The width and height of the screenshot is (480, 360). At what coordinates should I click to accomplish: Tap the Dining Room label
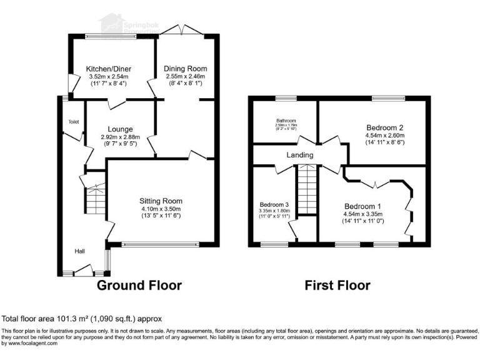tap(185, 68)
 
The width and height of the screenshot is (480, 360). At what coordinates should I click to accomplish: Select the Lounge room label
tap(120, 129)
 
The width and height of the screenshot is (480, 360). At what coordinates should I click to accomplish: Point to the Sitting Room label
tap(161, 201)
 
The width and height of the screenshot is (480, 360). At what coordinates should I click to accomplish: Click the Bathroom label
tap(286, 121)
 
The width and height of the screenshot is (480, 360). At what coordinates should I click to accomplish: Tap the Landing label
tap(300, 155)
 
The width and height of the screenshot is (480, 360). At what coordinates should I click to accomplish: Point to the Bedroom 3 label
tap(274, 204)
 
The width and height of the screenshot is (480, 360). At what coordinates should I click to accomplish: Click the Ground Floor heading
tap(139, 286)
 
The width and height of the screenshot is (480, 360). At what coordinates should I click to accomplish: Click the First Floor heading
tap(337, 286)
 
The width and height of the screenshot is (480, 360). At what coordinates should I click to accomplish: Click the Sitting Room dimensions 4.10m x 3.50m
tap(161, 209)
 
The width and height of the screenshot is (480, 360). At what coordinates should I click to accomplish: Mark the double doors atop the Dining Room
tap(187, 31)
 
